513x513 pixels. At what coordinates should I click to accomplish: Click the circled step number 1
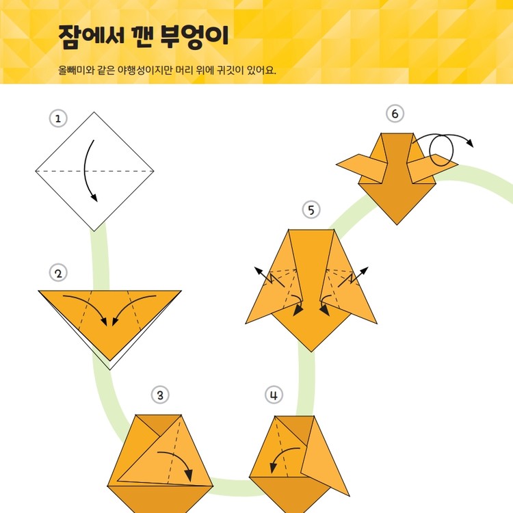tap(58, 118)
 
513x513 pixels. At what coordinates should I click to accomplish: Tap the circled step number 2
tap(58, 273)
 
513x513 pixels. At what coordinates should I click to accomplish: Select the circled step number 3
tap(160, 395)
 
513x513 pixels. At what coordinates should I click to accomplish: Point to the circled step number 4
tap(274, 395)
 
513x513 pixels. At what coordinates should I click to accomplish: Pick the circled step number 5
tap(311, 210)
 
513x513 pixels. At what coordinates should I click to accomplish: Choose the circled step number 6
tap(395, 114)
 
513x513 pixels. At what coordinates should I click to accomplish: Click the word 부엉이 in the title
tap(194, 36)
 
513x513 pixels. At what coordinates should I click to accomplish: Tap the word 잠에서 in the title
tap(91, 36)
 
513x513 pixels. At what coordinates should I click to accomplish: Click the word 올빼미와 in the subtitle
tap(76, 70)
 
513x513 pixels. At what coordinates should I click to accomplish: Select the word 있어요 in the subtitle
tap(261, 70)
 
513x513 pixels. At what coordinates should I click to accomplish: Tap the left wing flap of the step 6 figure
tap(362, 168)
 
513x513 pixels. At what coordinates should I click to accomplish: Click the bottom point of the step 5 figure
tap(311, 352)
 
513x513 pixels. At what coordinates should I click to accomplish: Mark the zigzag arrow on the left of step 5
tap(269, 277)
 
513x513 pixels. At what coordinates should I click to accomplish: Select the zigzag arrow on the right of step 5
tap(353, 277)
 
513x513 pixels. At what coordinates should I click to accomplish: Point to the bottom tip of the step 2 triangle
tap(110, 361)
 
